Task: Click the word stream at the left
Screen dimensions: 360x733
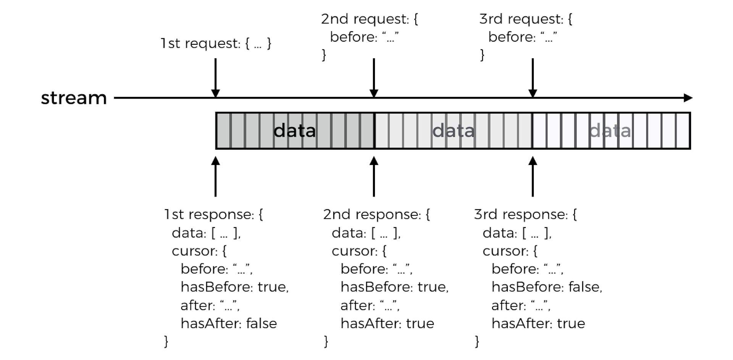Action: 74,98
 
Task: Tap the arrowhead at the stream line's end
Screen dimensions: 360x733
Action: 688,98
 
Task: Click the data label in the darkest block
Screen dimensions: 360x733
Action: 295,131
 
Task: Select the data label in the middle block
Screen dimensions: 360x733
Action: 454,131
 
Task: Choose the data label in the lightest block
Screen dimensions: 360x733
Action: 610,131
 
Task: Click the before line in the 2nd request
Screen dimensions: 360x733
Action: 364,37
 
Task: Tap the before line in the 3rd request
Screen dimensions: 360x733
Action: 523,37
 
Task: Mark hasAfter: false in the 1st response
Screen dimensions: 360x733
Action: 229,323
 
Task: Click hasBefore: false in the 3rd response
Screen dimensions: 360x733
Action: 547,287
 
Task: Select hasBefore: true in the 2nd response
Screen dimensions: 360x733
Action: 394,287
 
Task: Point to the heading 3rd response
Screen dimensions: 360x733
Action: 525,215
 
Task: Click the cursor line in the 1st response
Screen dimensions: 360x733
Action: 199,251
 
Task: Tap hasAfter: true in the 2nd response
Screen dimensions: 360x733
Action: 387,323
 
